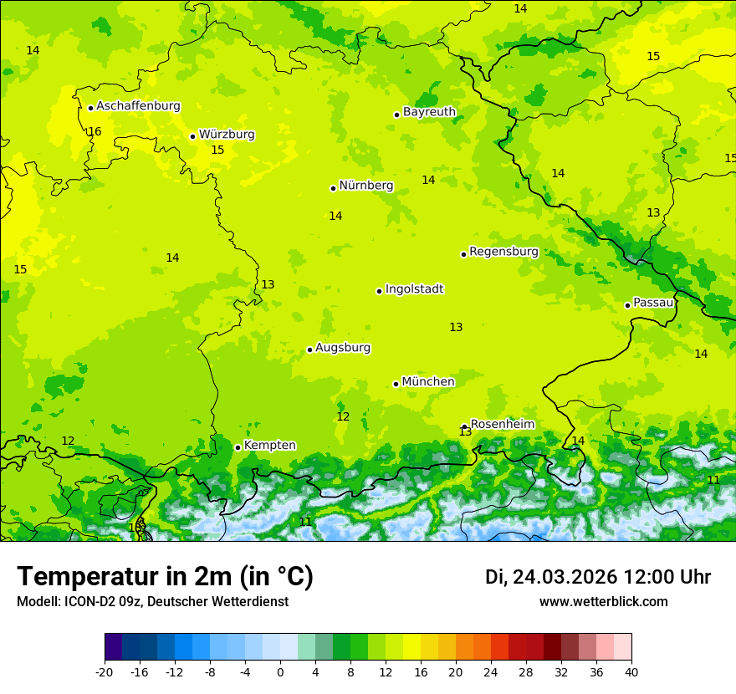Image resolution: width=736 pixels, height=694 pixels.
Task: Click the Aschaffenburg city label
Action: pos(138,106)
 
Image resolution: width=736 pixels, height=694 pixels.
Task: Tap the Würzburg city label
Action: pos(227,135)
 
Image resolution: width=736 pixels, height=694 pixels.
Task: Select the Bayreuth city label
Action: pos(429,112)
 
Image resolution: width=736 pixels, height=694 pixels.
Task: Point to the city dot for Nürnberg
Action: pos(333,188)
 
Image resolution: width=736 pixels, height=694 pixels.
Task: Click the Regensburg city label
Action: pos(503,252)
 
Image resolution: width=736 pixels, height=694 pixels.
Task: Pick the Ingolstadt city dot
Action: pos(379,291)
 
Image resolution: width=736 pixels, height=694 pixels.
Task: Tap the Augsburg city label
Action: pos(343,348)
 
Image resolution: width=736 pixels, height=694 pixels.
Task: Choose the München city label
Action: pos(428,382)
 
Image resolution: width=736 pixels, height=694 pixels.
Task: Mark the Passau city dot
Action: pos(627,305)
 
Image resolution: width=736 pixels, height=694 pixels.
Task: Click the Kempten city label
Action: pos(269,446)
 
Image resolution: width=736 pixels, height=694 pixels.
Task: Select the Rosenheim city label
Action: pos(502,425)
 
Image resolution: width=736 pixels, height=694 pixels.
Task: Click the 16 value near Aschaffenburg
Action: pos(95,132)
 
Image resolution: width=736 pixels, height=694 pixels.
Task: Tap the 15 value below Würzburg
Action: pos(217,151)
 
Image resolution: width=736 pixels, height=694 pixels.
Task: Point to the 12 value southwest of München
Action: pos(343,417)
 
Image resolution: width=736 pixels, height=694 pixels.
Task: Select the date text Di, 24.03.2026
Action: pos(551,577)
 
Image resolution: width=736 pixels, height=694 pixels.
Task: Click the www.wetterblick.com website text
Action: pos(603,602)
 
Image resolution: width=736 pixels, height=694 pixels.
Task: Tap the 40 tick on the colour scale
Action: pos(631,671)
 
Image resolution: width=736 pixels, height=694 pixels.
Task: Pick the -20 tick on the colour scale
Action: pos(105,671)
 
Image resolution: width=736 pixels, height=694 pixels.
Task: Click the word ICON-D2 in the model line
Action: pos(90,602)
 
